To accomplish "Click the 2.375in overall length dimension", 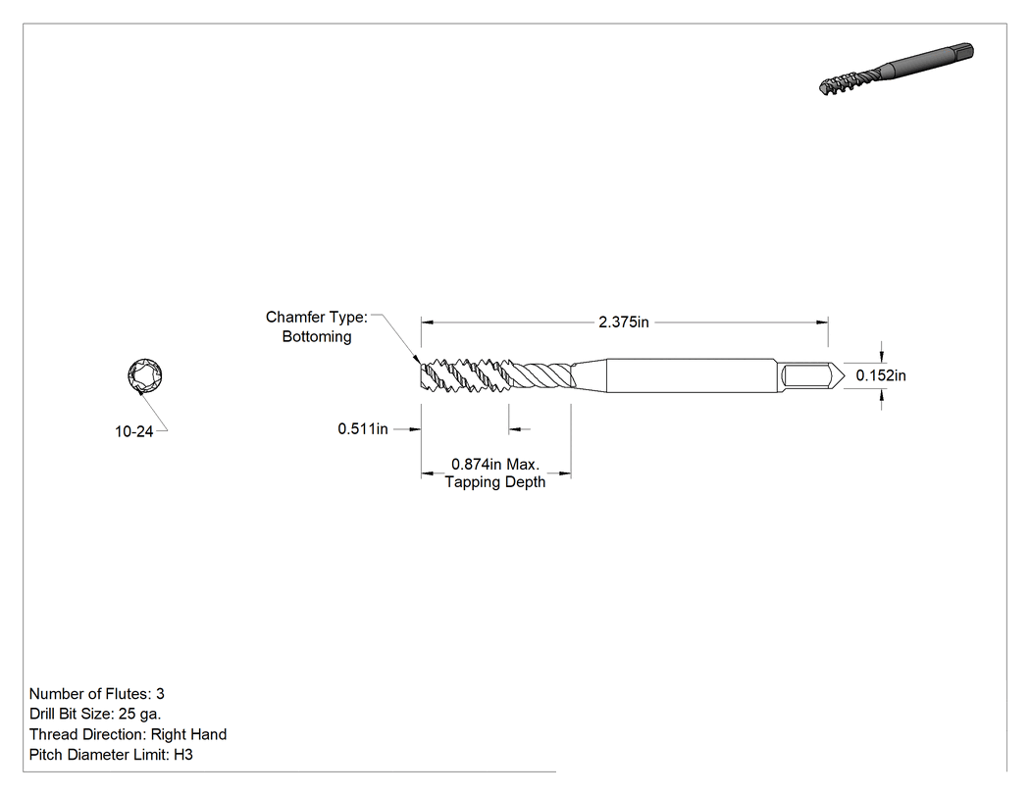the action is click(x=623, y=323).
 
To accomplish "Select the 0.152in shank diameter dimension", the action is click(x=880, y=375).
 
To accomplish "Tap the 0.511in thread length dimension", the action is click(x=363, y=428).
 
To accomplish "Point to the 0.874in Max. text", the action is click(x=495, y=464).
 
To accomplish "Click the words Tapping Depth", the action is click(x=495, y=482).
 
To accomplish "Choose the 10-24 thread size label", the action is click(x=134, y=431).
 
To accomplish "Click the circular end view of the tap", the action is click(x=145, y=376).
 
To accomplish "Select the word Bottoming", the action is click(x=317, y=337).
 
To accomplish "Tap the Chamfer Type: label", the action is click(x=317, y=317).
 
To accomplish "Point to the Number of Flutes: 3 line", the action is click(x=96, y=694).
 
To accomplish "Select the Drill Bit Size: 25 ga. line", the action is click(x=95, y=715).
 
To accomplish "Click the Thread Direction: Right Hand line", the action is click(x=129, y=734).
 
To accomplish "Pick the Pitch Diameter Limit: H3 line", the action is click(x=111, y=755).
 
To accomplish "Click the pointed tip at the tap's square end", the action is click(x=844, y=376).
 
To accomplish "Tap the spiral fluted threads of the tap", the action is click(x=496, y=375).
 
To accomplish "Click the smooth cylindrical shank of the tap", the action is click(x=691, y=375).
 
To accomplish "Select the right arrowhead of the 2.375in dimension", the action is click(x=822, y=323).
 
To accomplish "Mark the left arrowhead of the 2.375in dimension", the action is click(x=428, y=323).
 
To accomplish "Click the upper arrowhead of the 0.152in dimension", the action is click(x=882, y=356).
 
